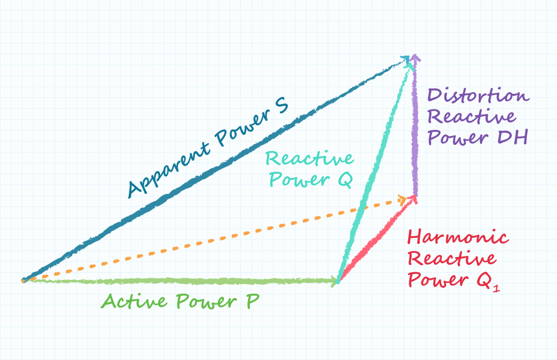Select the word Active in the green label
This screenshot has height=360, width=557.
pyautogui.click(x=134, y=301)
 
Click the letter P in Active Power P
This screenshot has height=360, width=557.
pyautogui.click(x=252, y=302)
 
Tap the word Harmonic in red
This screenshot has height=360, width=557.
pyautogui.click(x=458, y=237)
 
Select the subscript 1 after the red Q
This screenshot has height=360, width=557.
pyautogui.click(x=496, y=287)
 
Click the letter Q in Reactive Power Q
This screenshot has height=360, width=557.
pyautogui.click(x=344, y=179)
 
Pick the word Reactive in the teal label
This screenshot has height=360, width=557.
pyautogui.click(x=310, y=158)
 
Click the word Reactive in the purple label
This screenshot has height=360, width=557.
pyautogui.click(x=472, y=116)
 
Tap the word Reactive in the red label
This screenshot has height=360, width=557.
pyautogui.click(x=452, y=258)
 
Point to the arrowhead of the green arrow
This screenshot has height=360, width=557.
pyautogui.click(x=335, y=282)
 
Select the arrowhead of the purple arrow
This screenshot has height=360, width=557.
pyautogui.click(x=415, y=59)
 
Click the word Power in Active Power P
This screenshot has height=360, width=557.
pyautogui.click(x=206, y=302)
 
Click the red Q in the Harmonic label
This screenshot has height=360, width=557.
pyautogui.click(x=484, y=279)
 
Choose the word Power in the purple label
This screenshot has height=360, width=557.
pyautogui.click(x=458, y=137)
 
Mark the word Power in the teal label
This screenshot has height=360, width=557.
pyautogui.click(x=299, y=179)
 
